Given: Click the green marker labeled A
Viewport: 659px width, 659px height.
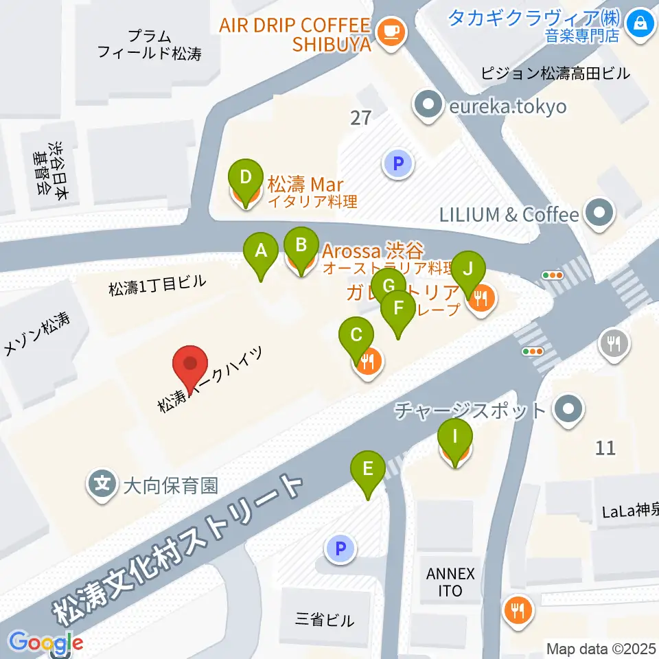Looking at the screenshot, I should [261, 251].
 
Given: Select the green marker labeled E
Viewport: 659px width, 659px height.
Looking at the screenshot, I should [368, 470].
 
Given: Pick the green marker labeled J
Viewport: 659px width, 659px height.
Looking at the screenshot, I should [468, 268].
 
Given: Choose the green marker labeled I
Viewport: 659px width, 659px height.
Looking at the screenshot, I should [454, 436].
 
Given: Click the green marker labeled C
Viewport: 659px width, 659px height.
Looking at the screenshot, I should [357, 336].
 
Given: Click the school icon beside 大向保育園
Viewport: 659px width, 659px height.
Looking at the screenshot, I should [103, 486].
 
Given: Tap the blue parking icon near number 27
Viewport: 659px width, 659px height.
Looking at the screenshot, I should [397, 163].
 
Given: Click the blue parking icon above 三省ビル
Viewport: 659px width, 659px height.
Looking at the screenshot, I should [340, 548].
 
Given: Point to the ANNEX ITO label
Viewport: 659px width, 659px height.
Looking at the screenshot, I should [450, 582].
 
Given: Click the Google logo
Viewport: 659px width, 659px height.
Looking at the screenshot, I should [45, 643].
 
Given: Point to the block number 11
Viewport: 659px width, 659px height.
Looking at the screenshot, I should [605, 448].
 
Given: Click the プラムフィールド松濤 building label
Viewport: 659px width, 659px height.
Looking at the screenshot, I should [149, 45].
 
